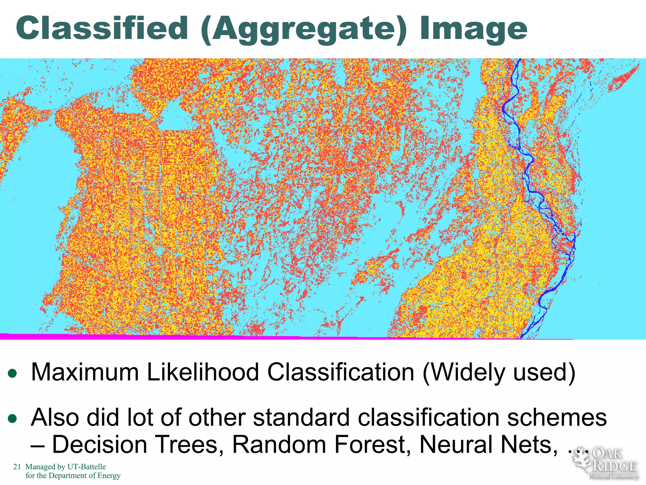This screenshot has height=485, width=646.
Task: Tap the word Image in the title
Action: point(473,29)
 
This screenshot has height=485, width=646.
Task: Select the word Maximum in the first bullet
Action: point(85,373)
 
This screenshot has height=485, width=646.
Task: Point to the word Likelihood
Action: point(203,373)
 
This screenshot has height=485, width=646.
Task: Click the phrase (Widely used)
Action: point(499,373)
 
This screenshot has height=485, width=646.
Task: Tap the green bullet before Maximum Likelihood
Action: point(12,374)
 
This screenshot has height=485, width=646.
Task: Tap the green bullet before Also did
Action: point(12,419)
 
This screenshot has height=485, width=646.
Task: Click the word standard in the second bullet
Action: point(301,418)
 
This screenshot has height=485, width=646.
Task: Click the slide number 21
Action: point(17,467)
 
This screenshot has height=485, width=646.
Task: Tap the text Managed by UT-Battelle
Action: point(66,467)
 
